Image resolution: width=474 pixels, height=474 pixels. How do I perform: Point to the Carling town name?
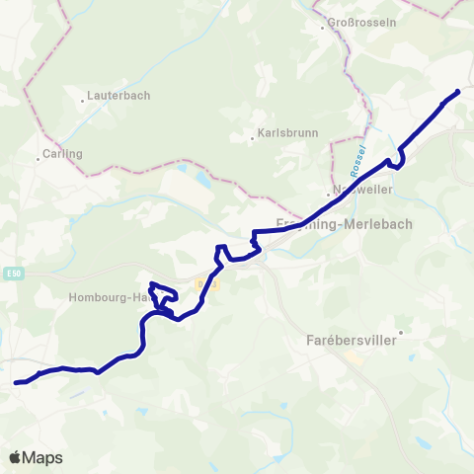click(x=61, y=154)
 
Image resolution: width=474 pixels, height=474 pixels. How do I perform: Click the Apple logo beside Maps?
click(x=16, y=457)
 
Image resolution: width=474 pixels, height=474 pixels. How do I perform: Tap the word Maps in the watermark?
click(x=42, y=457)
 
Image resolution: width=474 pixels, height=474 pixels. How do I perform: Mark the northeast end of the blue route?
click(x=458, y=92)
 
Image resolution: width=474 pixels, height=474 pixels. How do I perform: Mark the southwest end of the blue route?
click(x=17, y=382)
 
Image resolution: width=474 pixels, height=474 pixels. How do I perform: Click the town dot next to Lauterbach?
click(x=82, y=99)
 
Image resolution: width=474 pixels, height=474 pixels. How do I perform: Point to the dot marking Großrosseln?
click(x=322, y=28)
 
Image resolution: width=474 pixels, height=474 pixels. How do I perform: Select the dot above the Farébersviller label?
click(x=400, y=333)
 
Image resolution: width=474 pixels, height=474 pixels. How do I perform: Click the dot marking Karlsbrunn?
click(x=253, y=138)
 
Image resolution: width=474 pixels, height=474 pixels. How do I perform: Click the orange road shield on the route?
click(x=204, y=283)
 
